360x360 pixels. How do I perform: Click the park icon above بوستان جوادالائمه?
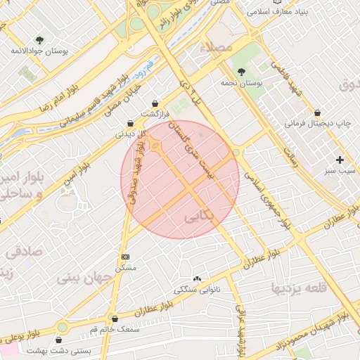[x=38, y=40]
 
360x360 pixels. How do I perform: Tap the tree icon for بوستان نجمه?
[x=241, y=72]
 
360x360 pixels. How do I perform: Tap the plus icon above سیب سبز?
[x=341, y=160]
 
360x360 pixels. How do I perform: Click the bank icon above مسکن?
[x=125, y=257]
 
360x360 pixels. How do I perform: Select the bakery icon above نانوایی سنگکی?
[x=197, y=279]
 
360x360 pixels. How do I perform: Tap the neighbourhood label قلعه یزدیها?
[x=299, y=288]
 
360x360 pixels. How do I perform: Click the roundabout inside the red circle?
[x=155, y=147]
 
